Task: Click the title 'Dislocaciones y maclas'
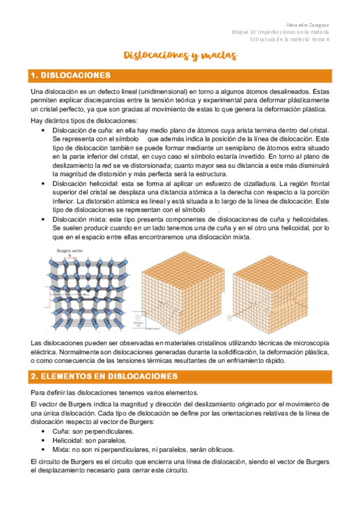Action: click(180, 56)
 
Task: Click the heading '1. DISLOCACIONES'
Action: click(70, 76)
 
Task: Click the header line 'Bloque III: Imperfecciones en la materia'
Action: click(281, 32)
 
